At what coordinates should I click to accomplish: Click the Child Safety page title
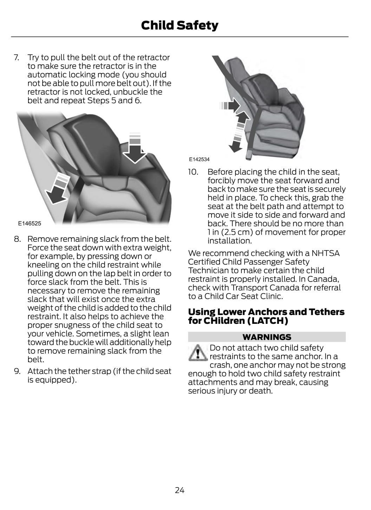tap(180, 25)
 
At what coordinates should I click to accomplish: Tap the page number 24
tap(180, 490)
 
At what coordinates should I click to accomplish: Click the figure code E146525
tap(30, 223)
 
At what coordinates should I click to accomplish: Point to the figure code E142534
tap(199, 159)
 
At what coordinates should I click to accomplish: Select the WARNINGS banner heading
tap(267, 337)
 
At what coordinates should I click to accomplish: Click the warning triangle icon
tap(198, 353)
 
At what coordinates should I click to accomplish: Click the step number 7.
tap(16, 57)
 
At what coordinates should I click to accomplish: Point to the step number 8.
tap(17, 239)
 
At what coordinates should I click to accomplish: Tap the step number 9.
tap(17, 371)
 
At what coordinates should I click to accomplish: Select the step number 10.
tap(193, 172)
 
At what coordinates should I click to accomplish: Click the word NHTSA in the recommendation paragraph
tap(325, 253)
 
